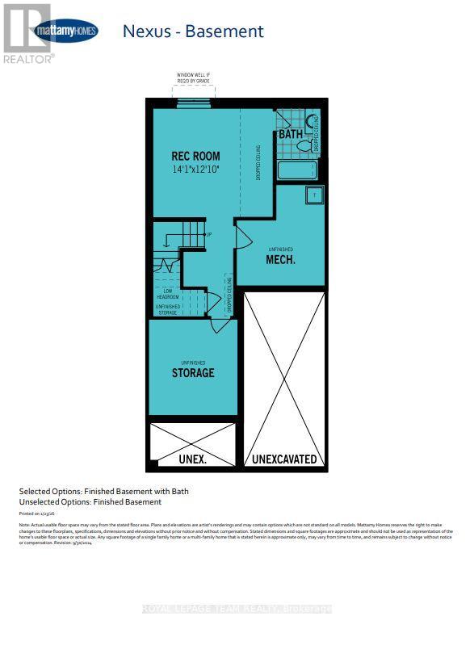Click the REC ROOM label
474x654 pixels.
(x=195, y=156)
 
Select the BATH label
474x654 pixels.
(x=290, y=134)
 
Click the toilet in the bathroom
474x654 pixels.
(x=305, y=146)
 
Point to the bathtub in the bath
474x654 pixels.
(x=297, y=170)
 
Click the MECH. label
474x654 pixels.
(x=281, y=260)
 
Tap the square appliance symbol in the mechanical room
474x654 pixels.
(x=314, y=195)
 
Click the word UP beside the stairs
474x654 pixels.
(x=208, y=235)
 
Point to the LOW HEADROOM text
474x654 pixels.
(x=166, y=294)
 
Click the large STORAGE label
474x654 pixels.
(x=193, y=373)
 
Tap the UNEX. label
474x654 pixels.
(x=193, y=459)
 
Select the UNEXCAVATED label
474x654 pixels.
(x=284, y=459)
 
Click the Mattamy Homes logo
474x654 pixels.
(x=66, y=31)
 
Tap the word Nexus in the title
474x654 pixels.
(x=145, y=31)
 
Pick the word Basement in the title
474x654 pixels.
(x=224, y=31)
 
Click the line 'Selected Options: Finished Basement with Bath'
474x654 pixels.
(x=103, y=491)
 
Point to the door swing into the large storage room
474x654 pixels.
(x=218, y=325)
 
